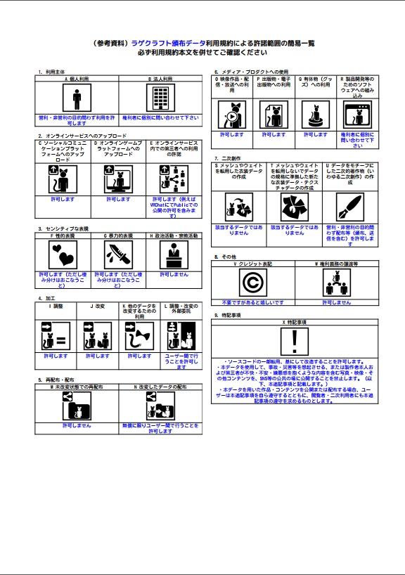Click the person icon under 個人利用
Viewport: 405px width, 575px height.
click(77, 98)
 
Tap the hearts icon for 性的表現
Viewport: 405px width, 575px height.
click(63, 256)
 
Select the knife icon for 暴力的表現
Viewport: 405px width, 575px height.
click(119, 256)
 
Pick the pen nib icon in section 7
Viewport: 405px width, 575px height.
click(351, 207)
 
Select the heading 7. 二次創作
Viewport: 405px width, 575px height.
click(229, 159)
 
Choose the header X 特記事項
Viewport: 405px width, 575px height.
click(300, 322)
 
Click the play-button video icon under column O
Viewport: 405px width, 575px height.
click(233, 114)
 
